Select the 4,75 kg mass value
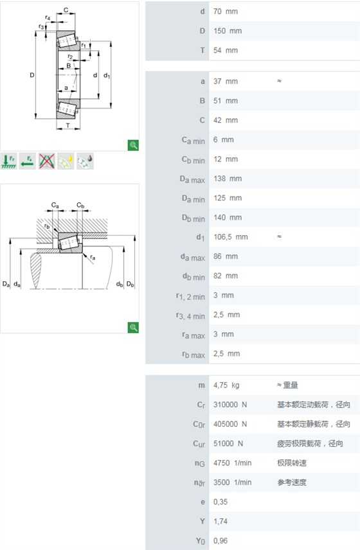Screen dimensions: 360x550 [226, 385]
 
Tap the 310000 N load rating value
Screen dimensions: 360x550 [230, 405]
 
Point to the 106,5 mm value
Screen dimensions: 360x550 [231, 237]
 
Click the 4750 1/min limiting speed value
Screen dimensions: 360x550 [232, 463]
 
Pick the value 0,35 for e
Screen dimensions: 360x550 [221, 502]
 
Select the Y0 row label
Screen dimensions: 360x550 [201, 541]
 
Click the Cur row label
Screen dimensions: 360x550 [199, 444]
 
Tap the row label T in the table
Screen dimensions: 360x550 [203, 51]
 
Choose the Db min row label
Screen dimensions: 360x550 [194, 218]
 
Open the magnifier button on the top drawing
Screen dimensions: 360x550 [133, 145]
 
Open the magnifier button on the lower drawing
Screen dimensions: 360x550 [133, 327]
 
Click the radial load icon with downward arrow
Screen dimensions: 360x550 [9, 161]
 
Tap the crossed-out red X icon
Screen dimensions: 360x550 [47, 161]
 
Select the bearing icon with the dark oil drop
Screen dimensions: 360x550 [85, 161]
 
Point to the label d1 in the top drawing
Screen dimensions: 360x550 [107, 75]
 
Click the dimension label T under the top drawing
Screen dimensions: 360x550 [67, 125]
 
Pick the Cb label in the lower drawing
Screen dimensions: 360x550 [80, 205]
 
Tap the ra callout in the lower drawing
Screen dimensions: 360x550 [93, 258]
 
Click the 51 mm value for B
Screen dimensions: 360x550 [225, 101]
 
